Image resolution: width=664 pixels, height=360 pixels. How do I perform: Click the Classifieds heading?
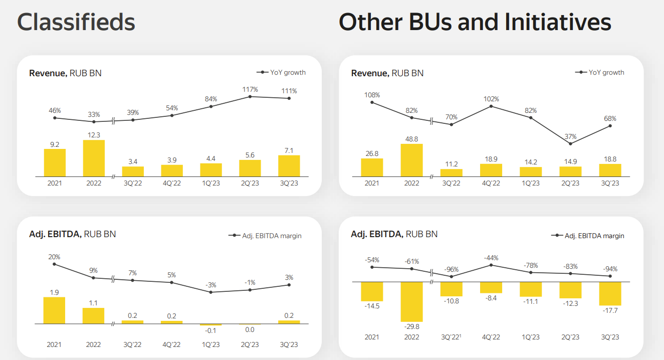tap(76, 22)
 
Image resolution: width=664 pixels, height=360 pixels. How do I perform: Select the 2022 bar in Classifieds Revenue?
tap(94, 158)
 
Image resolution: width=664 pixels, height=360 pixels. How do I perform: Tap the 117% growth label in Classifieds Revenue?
tap(250, 89)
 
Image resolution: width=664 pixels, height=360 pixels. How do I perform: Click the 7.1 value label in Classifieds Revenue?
tap(289, 150)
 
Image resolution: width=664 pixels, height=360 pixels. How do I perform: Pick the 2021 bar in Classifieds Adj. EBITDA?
tap(55, 310)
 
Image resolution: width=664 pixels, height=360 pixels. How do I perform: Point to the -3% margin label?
tap(211, 285)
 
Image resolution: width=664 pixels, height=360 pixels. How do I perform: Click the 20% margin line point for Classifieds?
tap(54, 264)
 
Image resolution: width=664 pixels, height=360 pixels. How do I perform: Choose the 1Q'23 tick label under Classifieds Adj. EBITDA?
tap(211, 344)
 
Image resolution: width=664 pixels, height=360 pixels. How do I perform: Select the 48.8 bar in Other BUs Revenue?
tap(411, 160)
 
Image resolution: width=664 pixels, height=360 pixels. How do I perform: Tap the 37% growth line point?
tap(570, 144)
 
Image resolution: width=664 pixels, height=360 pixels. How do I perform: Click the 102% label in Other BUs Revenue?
tap(491, 99)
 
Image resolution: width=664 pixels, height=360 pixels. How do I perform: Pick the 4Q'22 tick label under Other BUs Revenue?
tap(491, 183)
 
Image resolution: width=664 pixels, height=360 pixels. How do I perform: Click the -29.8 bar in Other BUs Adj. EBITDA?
tap(411, 301)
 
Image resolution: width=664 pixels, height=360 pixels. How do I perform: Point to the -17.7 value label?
tap(610, 310)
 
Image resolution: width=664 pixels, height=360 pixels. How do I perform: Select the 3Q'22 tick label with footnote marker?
tap(452, 337)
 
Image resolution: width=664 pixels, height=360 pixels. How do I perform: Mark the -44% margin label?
tap(491, 258)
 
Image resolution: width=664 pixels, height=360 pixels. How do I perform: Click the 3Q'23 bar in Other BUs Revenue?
tap(610, 170)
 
